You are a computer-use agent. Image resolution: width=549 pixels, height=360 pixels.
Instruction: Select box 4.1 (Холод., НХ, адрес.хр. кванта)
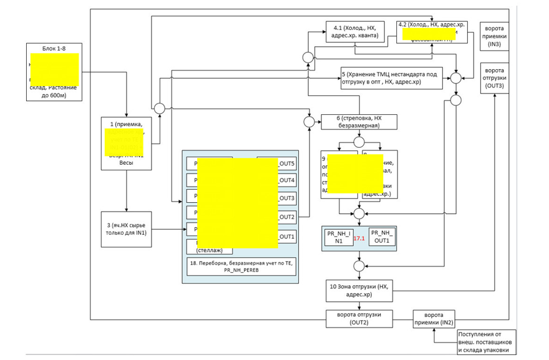tap(355, 32)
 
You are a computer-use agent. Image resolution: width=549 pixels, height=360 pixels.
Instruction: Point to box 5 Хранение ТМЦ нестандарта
tap(392, 77)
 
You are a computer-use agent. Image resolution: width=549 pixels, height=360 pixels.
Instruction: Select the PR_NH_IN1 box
tap(338, 238)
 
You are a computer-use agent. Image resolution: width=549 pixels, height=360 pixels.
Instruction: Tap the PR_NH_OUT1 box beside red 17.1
tap(381, 238)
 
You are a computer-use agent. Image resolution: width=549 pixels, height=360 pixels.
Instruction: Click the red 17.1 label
tap(359, 238)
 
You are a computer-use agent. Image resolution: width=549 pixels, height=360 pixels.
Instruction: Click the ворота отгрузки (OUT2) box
tap(359, 318)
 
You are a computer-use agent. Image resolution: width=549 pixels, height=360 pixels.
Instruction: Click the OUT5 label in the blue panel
tap(286, 163)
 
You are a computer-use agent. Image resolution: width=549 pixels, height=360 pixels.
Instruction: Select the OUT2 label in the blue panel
tap(286, 217)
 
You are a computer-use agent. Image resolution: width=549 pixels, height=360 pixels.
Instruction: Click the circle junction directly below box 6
tap(359, 142)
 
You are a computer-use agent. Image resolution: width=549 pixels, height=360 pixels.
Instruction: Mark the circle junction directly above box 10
tap(359, 266)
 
